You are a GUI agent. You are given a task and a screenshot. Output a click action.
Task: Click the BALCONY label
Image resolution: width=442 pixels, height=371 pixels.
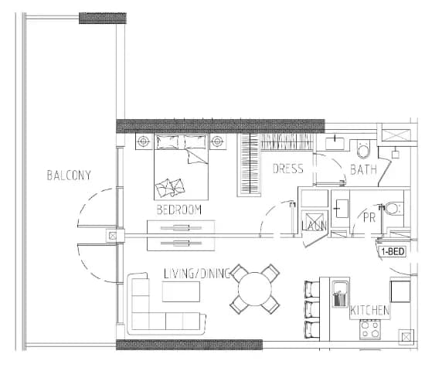click(x=69, y=175)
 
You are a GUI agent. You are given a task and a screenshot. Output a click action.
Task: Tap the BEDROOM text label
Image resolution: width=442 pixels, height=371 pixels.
click(x=179, y=209)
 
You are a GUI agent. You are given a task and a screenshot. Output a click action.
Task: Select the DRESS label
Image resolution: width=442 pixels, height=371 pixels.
click(x=288, y=168)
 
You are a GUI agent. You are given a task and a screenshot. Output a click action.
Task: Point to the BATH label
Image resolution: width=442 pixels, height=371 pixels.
click(x=363, y=170)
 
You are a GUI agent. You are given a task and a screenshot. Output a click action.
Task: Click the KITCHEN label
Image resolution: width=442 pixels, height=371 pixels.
click(x=370, y=311)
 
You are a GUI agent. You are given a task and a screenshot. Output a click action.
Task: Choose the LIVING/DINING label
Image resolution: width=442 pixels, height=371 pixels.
click(x=197, y=274)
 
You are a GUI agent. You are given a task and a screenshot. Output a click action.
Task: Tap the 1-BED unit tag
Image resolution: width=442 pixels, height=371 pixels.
click(x=393, y=251)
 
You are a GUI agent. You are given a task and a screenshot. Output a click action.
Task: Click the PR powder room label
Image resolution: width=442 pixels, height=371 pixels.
click(x=369, y=218)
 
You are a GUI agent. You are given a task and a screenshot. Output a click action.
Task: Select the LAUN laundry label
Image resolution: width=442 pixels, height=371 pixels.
click(x=314, y=226)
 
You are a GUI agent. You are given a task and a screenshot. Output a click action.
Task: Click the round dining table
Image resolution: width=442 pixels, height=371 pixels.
click(x=255, y=289)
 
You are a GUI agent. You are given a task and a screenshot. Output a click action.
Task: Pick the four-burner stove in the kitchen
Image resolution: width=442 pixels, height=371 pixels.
click(x=370, y=329)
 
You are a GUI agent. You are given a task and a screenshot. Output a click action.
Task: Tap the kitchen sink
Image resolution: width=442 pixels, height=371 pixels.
click(x=341, y=294)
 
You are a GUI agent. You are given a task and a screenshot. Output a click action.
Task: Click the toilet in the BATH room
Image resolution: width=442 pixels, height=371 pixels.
click(x=364, y=149)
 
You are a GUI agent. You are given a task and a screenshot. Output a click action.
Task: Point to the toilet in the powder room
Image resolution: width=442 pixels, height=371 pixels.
click(x=393, y=209)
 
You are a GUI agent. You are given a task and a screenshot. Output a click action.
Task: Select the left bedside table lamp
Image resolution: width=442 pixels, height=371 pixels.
click(x=144, y=141)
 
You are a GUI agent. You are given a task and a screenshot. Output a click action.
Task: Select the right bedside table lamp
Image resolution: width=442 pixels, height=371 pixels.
click(x=217, y=141)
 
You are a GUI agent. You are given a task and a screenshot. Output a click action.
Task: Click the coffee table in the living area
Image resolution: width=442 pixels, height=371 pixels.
click(x=181, y=291)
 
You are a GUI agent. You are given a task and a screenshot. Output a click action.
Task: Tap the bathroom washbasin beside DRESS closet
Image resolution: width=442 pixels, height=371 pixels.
click(x=335, y=143)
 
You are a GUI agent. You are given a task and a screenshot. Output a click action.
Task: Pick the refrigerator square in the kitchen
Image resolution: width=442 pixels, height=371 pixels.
click(x=400, y=291)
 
